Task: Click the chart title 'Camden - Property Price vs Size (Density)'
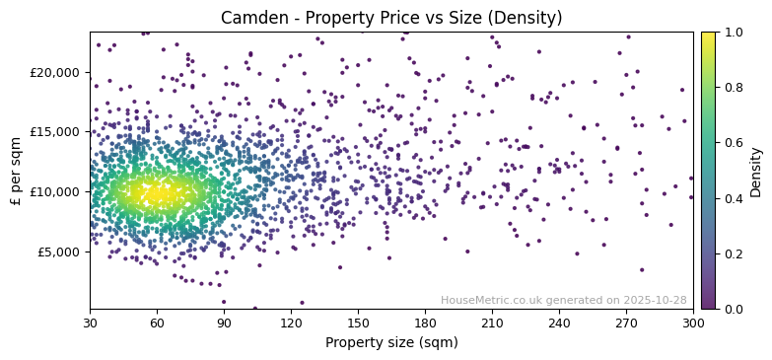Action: pyautogui.click(x=391, y=18)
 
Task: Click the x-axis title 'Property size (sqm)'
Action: pyautogui.click(x=391, y=343)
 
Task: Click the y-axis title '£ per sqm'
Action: pyautogui.click(x=16, y=171)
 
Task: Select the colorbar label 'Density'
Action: pyautogui.click(x=755, y=171)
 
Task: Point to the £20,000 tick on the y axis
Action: pyautogui.click(x=53, y=72)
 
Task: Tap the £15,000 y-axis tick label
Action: pyautogui.click(x=53, y=132)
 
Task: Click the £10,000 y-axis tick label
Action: pyautogui.click(x=53, y=191)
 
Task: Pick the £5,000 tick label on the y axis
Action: pyautogui.click(x=57, y=252)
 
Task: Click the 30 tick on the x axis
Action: pyautogui.click(x=90, y=323)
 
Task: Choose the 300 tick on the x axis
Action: pyautogui.click(x=693, y=323)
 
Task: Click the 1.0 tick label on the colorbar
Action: pyautogui.click(x=734, y=33)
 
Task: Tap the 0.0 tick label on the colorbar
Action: pyautogui.click(x=734, y=309)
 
